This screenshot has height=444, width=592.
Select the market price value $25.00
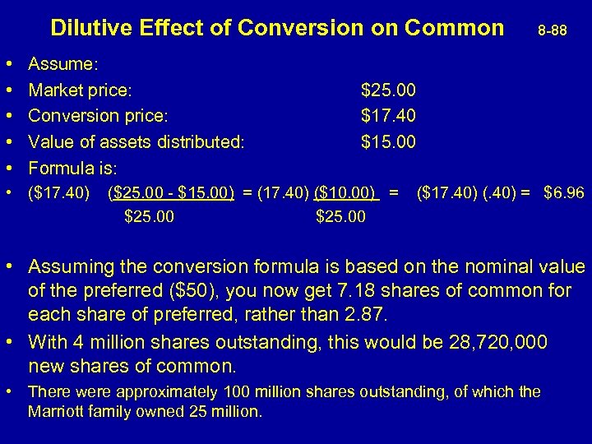point(388,89)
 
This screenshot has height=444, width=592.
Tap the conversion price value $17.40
point(388,115)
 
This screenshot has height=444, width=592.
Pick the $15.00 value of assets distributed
point(388,141)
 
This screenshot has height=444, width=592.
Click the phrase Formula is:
point(72,168)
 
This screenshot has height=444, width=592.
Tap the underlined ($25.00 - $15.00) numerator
point(171,194)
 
